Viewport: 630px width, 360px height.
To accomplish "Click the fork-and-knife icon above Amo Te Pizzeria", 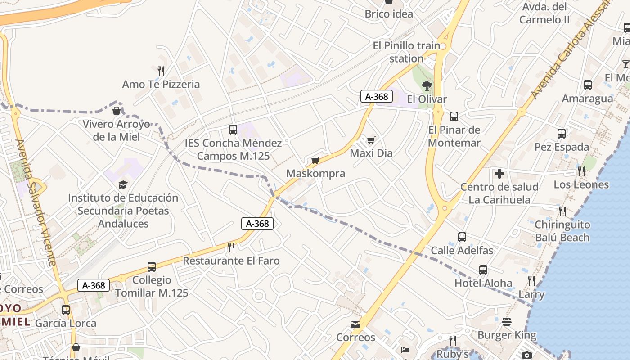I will [x=161, y=71].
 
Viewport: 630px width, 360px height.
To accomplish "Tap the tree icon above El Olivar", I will [x=427, y=85].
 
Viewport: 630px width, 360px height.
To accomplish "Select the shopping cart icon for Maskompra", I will [x=315, y=161].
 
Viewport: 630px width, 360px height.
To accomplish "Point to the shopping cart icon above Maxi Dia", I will [x=371, y=140].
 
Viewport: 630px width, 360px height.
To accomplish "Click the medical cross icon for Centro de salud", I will [x=499, y=174].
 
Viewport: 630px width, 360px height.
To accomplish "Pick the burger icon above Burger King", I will [x=507, y=322].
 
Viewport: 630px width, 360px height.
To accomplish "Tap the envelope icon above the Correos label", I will [x=355, y=324].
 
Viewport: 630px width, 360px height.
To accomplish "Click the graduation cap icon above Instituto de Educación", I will [x=123, y=184].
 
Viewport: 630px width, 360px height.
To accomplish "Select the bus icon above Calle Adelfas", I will [x=462, y=237].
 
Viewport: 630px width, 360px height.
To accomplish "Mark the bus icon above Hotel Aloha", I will [x=483, y=270].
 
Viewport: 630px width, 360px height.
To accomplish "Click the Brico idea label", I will [x=389, y=14].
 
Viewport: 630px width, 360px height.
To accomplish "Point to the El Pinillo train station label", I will [x=407, y=52].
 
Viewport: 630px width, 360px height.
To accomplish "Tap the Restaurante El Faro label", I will [x=231, y=261].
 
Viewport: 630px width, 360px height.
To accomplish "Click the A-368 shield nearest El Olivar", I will [x=377, y=96].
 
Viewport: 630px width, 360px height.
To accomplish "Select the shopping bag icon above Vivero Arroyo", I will [x=117, y=111].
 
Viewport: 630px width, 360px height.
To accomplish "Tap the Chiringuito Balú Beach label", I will [x=562, y=231].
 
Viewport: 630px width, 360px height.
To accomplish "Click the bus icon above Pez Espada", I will [x=561, y=134].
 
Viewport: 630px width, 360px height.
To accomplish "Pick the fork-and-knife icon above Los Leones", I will [x=581, y=171].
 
